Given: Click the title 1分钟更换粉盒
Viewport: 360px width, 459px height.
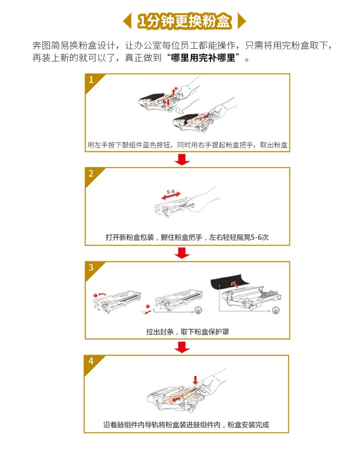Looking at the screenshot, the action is tap(185, 21).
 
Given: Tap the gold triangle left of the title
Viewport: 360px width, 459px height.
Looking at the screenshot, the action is tap(128, 21).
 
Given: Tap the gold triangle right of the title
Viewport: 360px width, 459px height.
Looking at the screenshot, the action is tap(242, 21).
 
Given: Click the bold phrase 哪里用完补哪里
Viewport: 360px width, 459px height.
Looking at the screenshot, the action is tap(203, 58).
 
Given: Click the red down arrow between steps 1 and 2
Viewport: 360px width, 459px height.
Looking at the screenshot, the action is tap(182, 159).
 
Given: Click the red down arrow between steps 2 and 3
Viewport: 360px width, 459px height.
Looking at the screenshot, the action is tap(182, 253).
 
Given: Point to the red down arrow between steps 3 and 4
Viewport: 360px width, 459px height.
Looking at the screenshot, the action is tap(182, 347).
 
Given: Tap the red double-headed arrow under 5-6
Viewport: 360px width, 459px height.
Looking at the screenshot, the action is tap(171, 196).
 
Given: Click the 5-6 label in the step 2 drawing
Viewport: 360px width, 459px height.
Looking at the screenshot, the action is tap(171, 192).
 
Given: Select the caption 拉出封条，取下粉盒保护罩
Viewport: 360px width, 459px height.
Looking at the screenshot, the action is tap(188, 332).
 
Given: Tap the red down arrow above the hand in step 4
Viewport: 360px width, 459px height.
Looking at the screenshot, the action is tap(195, 380).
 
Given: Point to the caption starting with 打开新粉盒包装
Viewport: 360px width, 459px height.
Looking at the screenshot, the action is tap(187, 237).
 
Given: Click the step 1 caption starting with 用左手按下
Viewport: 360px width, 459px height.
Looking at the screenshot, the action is tap(188, 145).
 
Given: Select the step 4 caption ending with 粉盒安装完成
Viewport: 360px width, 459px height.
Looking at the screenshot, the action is tap(186, 425).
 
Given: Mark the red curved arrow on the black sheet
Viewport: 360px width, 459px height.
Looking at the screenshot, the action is tap(234, 283).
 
